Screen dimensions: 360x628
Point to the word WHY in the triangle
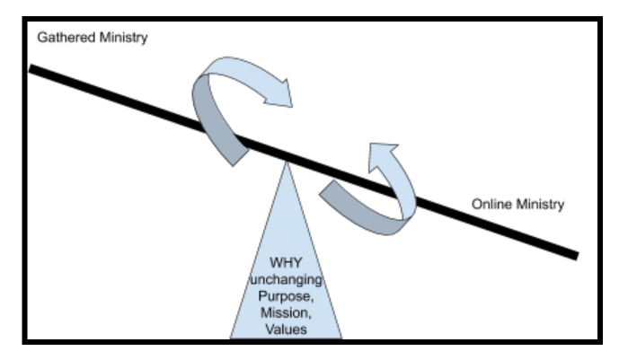[287, 262]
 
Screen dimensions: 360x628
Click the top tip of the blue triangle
[287, 162]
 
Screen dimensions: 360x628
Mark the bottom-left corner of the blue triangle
[231, 338]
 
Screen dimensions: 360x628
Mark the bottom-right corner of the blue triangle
[342, 338]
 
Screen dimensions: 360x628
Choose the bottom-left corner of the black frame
[25, 341]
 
